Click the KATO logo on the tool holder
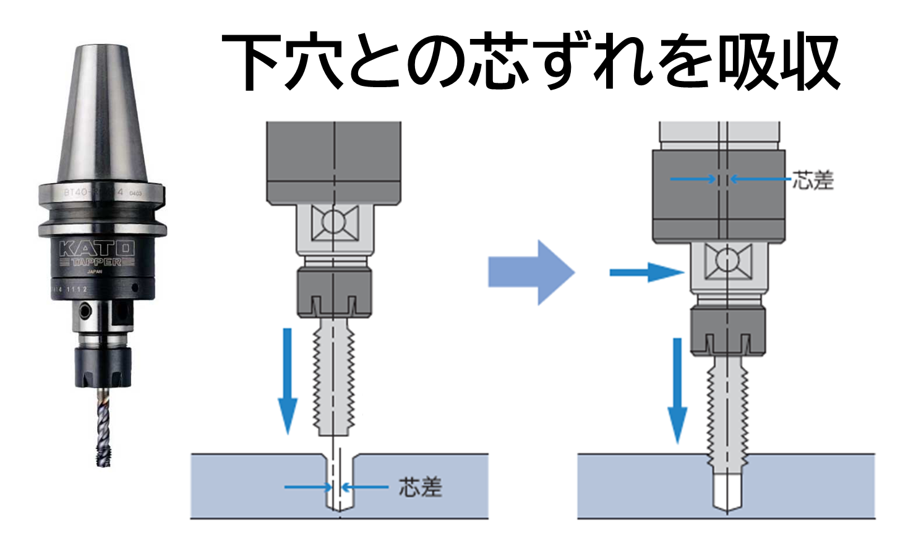coord(97,248)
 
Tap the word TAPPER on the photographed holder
coord(96,262)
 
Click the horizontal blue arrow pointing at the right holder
coord(646,272)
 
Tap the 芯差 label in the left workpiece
coord(421,487)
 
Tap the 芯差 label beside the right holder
coord(813,180)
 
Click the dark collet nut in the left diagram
coord(335,290)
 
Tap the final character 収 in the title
coord(808,62)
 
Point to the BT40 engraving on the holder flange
coord(77,192)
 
